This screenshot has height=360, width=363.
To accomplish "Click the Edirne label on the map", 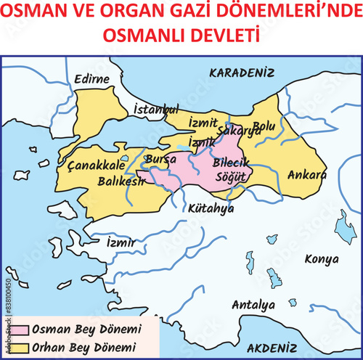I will click(x=91, y=79).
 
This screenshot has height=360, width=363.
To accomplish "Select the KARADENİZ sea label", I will click(x=242, y=73).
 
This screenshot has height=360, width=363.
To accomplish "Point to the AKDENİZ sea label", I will click(x=272, y=348).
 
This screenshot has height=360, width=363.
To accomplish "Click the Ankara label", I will click(x=306, y=175).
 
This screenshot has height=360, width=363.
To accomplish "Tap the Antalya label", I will click(x=253, y=305).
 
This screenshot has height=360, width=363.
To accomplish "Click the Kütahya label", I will click(x=211, y=208).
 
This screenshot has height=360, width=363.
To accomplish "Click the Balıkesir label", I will click(x=121, y=179).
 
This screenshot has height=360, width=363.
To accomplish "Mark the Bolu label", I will click(x=264, y=126).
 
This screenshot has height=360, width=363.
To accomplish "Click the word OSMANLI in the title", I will click(x=143, y=34).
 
